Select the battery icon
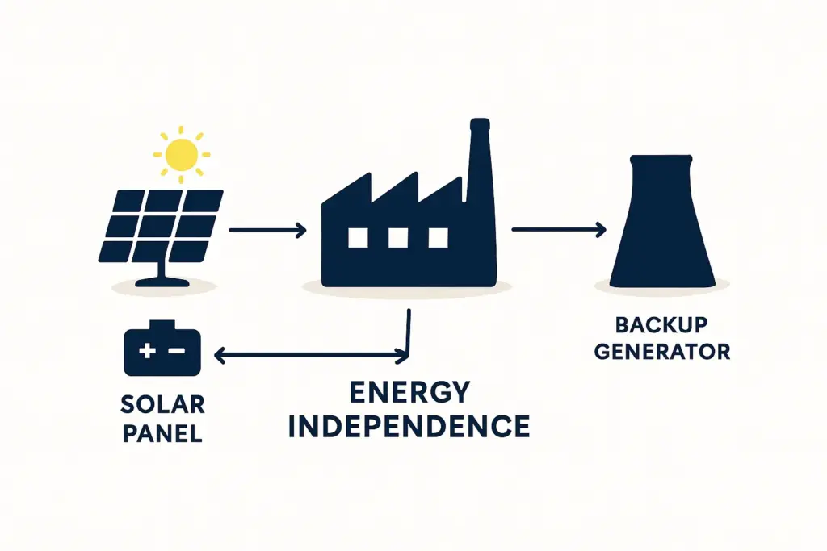[162, 349]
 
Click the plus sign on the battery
[148, 352]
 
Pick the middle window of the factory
[397, 237]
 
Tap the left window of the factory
[357, 237]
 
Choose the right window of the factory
[438, 237]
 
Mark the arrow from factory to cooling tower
[558, 231]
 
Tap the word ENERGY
[409, 393]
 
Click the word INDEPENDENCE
[409, 426]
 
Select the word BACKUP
[661, 325]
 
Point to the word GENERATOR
[661, 352]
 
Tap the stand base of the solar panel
[162, 282]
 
